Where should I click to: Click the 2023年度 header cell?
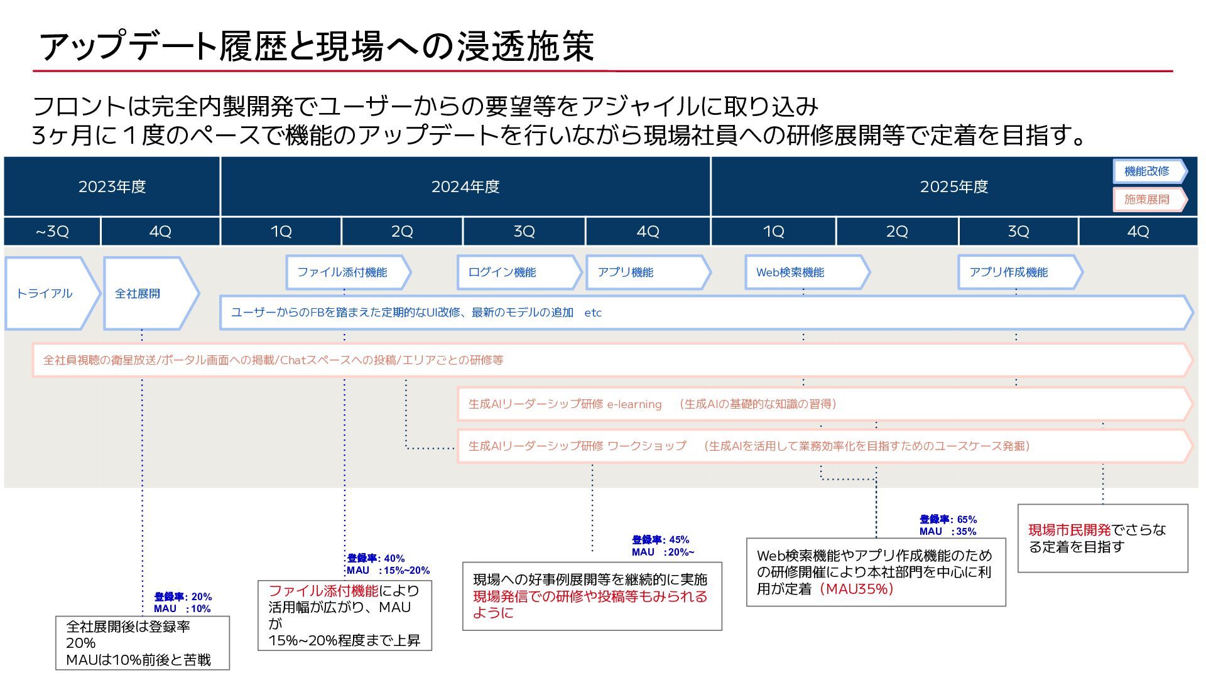[112, 186]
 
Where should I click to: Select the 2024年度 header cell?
[465, 186]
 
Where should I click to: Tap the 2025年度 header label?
[953, 186]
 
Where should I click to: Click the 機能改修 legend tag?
[1148, 171]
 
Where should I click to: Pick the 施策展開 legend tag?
[1148, 199]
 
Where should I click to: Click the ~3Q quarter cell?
[52, 232]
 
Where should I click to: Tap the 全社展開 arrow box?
[148, 293]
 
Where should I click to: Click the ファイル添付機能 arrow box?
[345, 272]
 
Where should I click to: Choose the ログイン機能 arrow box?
[515, 272]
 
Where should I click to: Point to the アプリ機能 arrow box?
[644, 272]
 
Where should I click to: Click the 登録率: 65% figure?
[948, 519]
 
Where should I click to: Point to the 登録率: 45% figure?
[660, 540]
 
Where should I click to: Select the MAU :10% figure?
[182, 609]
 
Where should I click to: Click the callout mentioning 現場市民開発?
[1102, 538]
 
